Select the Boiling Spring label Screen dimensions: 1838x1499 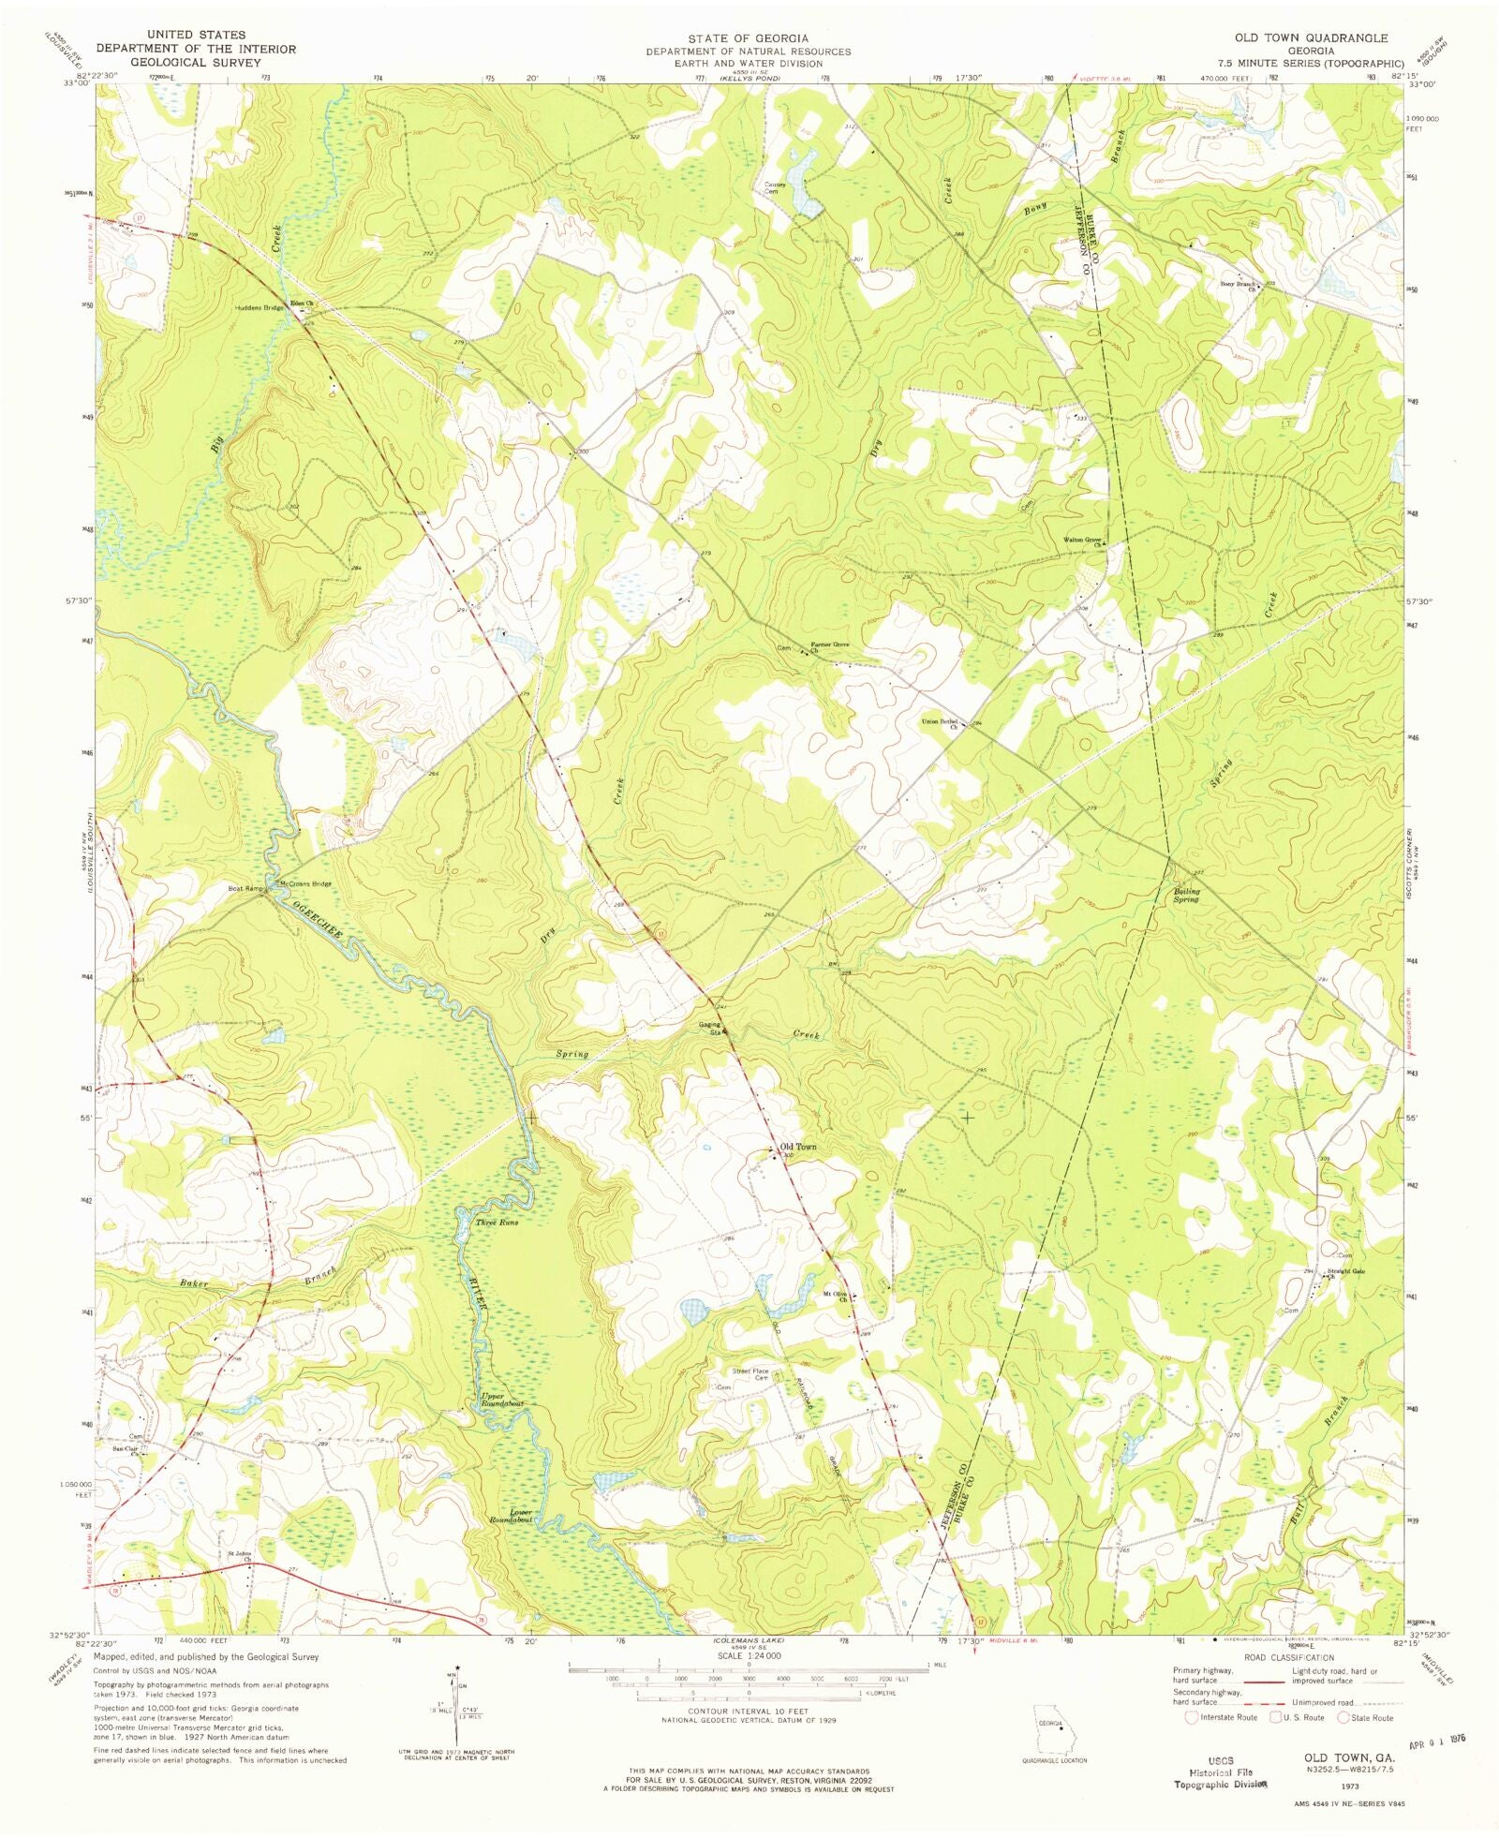[x=1185, y=895]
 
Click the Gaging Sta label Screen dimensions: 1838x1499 [x=709, y=1028]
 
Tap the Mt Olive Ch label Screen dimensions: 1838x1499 [x=836, y=1297]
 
